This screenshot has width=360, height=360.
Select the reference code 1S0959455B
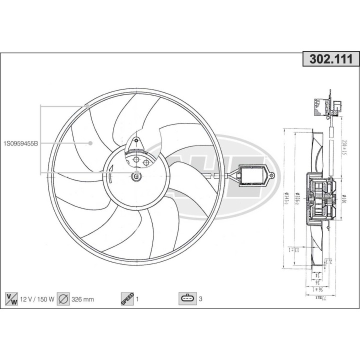click(20, 143)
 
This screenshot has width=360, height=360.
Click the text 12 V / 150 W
click(37, 300)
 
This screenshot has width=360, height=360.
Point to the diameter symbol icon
click(63, 299)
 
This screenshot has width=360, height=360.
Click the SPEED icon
click(127, 299)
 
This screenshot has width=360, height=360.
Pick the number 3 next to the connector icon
click(200, 300)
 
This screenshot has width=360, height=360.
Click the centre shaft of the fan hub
click(136, 175)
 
